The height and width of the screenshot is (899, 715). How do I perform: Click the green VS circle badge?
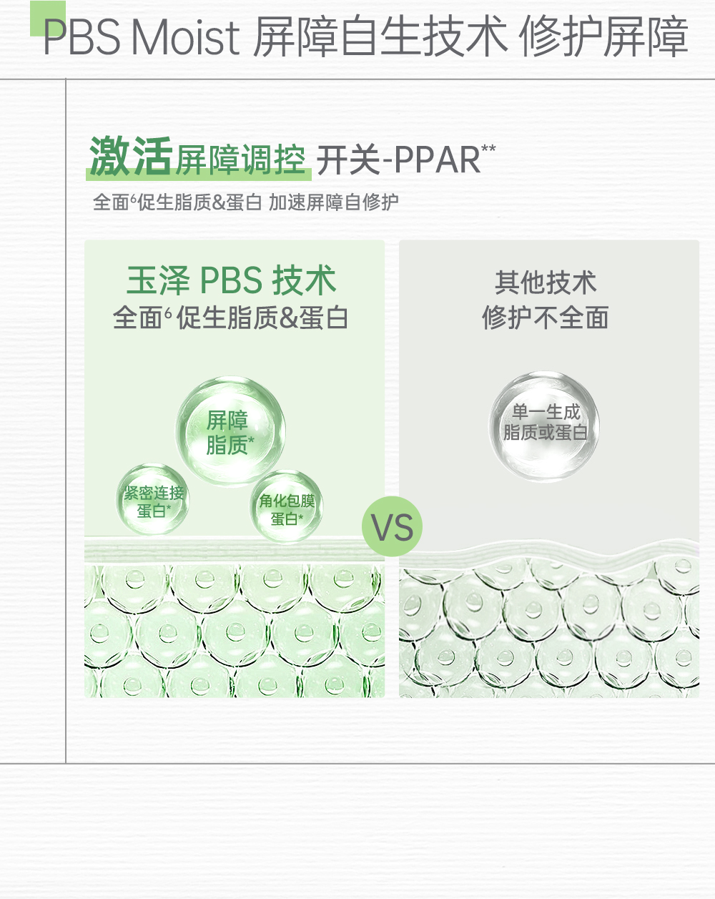[392, 527]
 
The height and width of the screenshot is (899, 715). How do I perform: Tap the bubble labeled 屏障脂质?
[230, 431]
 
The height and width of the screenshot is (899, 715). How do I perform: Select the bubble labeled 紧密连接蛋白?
[153, 501]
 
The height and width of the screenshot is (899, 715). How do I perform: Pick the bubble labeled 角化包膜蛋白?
[286, 508]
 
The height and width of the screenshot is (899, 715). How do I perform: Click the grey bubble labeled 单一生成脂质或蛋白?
[545, 423]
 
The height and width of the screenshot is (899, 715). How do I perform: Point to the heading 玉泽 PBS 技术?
[231, 280]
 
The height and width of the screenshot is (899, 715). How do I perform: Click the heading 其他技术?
[545, 283]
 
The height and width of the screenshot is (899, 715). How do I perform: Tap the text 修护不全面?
[545, 318]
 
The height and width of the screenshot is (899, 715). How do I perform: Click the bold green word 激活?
[131, 157]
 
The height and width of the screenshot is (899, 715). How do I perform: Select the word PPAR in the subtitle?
[437, 159]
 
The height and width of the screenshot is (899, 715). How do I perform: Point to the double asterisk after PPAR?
[488, 149]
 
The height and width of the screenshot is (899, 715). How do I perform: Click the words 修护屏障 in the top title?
[603, 37]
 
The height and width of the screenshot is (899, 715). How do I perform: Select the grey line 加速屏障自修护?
[333, 202]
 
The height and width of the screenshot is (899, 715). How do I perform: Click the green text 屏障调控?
[240, 159]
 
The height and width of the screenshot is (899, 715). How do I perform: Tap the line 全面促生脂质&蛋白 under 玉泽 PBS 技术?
[230, 318]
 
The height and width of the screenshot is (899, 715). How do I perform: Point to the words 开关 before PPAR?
[348, 159]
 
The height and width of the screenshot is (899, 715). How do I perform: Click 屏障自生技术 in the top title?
[380, 37]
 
